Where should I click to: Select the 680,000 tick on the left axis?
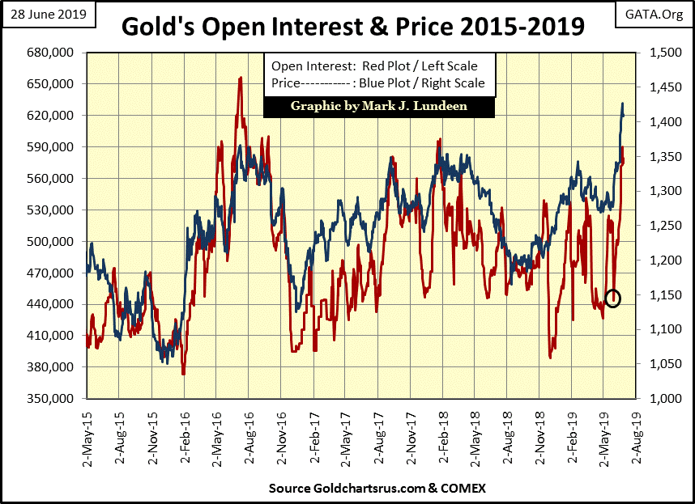53,53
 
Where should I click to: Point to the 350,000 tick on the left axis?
53,398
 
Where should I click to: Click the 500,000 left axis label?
53,241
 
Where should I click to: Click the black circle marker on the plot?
612,298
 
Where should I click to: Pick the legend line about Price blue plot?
378,83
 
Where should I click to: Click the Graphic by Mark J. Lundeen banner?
378,106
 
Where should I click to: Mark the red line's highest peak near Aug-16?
240,78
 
